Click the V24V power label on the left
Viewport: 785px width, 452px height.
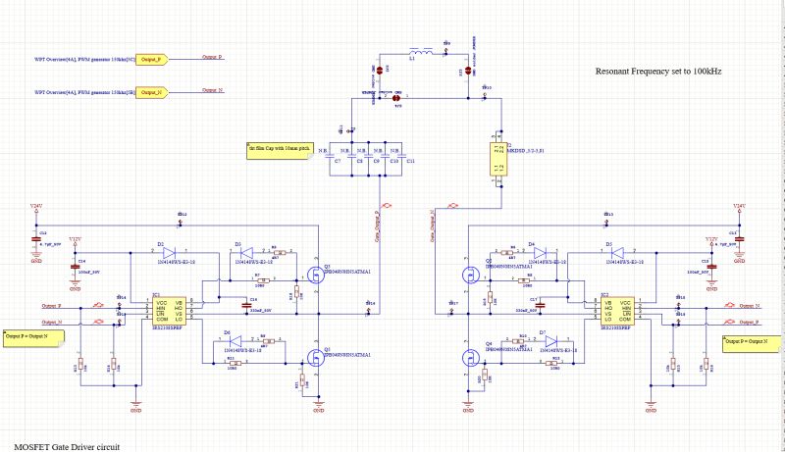(x=37, y=206)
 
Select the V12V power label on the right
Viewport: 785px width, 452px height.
(x=711, y=238)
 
